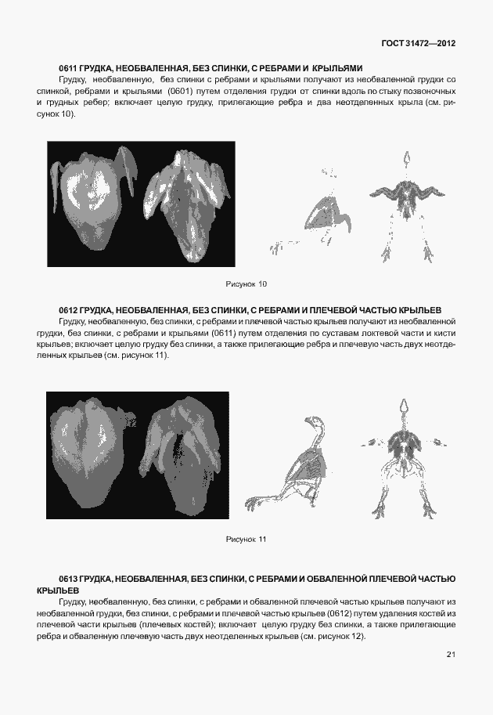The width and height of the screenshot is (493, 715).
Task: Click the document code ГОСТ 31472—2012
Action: pyautogui.click(x=419, y=43)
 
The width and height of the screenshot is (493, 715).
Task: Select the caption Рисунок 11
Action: pyautogui.click(x=246, y=540)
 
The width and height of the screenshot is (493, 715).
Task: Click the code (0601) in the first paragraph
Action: pyautogui.click(x=181, y=91)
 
